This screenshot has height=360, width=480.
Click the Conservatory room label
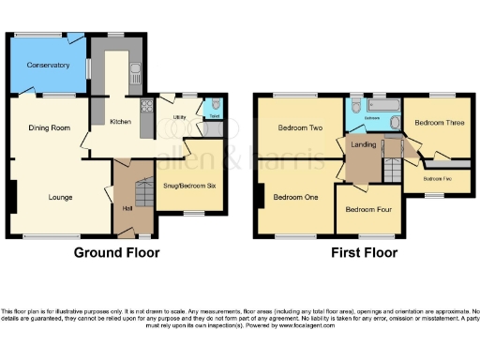[49, 65]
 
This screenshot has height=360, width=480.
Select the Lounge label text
[61, 197]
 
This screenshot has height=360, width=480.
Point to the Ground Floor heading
[117, 253]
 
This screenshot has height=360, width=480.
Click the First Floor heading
[364, 253]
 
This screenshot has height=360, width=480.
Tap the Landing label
[364, 145]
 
